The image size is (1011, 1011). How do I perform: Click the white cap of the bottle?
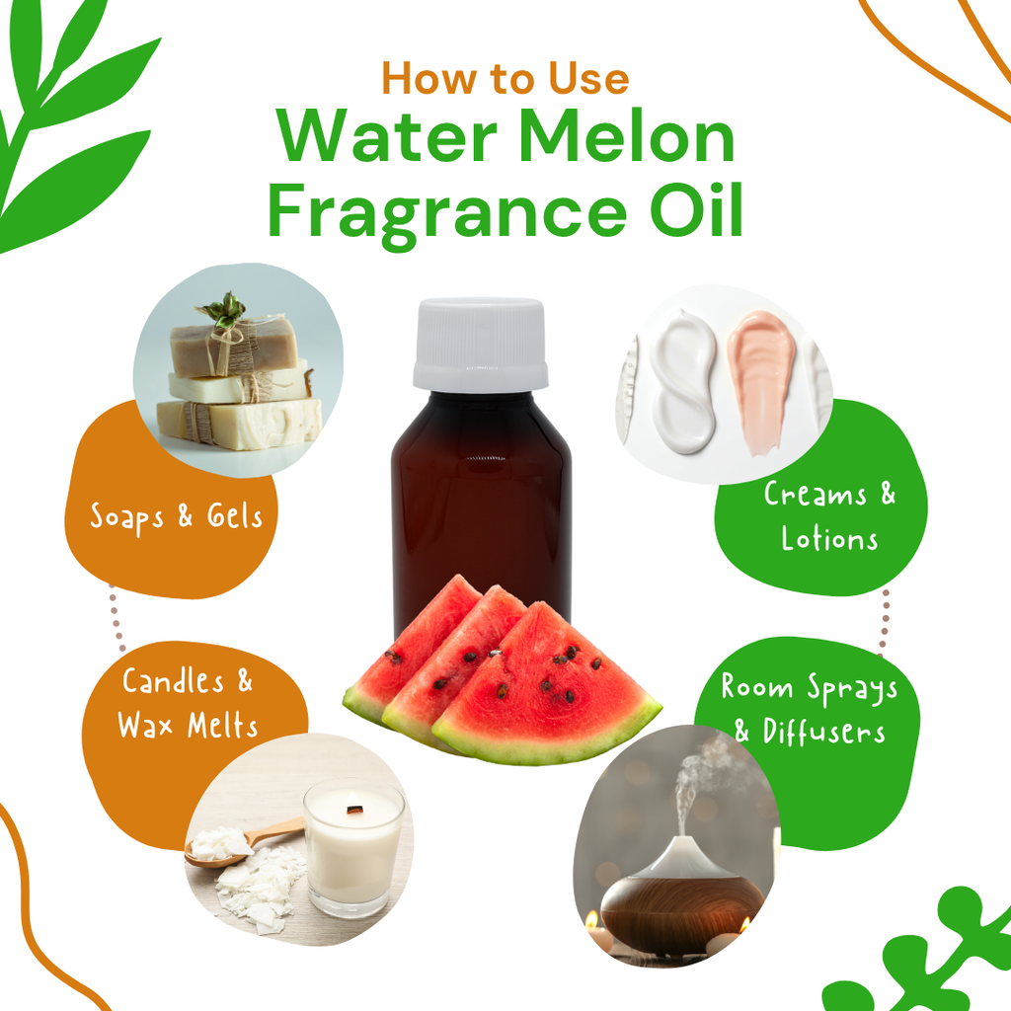click(481, 344)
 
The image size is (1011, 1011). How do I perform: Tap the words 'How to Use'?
click(505, 79)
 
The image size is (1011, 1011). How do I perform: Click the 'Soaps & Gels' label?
click(176, 517)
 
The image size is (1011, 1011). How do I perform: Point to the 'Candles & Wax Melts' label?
click(187, 703)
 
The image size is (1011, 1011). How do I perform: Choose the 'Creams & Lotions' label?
click(829, 516)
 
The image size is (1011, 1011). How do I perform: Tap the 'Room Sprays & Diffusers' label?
click(810, 708)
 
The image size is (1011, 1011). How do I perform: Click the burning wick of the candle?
click(353, 809)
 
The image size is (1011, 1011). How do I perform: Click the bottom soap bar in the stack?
click(239, 424)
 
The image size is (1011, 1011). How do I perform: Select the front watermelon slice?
click(547, 687)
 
